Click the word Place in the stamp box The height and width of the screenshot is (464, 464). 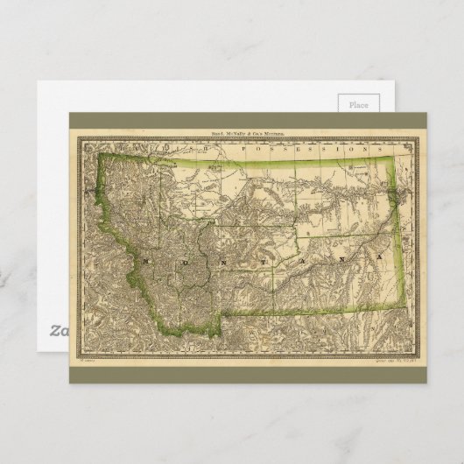pos(358,104)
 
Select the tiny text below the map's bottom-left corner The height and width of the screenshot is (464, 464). pos(86,359)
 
